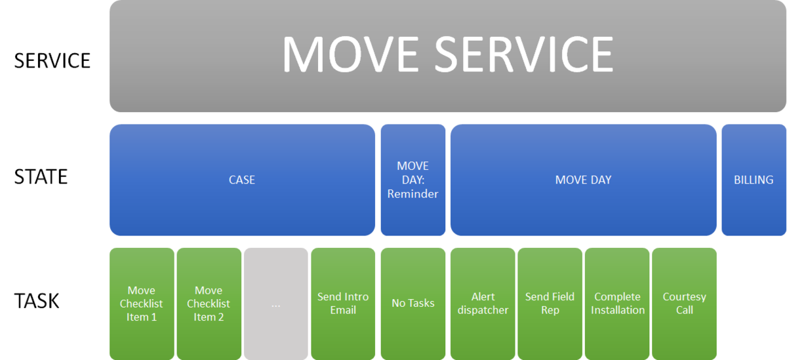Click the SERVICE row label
point(52,60)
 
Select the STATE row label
point(41,176)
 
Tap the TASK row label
point(37,301)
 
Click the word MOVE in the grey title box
point(351,54)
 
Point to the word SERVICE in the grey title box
point(524,54)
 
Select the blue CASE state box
point(242,180)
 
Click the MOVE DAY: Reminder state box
point(413,180)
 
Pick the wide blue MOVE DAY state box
point(583,180)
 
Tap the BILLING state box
point(754,180)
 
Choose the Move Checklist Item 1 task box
point(142,304)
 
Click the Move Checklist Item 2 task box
point(209,304)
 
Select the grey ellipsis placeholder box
point(276,304)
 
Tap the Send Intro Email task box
point(343,304)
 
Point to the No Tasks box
point(413,304)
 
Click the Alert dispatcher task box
point(483,304)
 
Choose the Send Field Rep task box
point(550,304)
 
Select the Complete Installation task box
point(617,304)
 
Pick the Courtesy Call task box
point(685,304)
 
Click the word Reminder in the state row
point(413,194)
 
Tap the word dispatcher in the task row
point(483,310)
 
